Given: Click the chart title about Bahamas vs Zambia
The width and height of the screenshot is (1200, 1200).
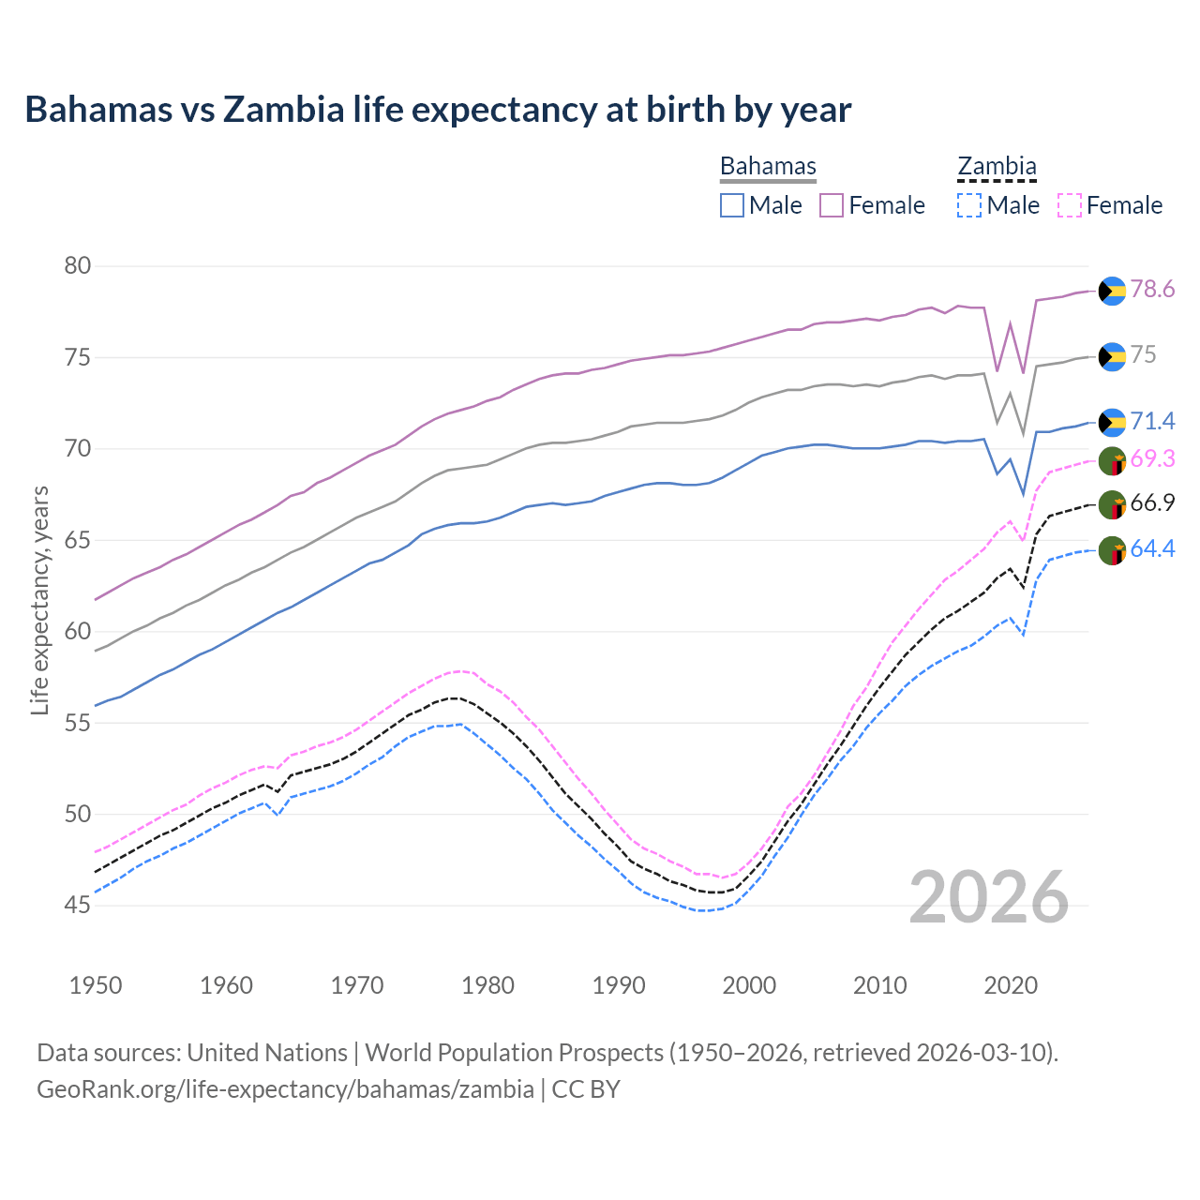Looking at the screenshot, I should click(438, 110).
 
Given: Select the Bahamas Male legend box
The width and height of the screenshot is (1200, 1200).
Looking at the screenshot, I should click(732, 205).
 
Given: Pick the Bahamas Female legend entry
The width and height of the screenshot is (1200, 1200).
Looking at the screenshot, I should click(872, 205).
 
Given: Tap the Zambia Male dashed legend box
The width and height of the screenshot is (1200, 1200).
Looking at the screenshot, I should click(969, 205).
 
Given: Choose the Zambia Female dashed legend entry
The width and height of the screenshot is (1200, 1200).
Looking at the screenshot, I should click(1110, 205).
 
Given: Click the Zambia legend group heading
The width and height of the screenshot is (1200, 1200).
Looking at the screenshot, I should click(997, 167).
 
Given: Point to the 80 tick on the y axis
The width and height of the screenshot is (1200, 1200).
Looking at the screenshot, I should click(78, 266).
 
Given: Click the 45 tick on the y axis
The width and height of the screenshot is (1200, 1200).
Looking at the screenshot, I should click(78, 905).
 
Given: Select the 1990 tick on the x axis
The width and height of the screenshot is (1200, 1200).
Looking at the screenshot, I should click(619, 985).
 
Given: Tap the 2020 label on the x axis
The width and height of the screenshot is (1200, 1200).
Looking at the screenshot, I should click(1011, 985).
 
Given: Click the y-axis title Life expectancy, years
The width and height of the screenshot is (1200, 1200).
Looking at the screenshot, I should click(39, 600).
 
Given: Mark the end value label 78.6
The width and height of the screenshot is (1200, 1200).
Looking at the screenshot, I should click(1152, 290).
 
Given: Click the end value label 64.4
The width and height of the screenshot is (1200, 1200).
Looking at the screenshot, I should click(1152, 548).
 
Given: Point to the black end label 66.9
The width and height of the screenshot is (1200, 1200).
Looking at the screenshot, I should click(1152, 503).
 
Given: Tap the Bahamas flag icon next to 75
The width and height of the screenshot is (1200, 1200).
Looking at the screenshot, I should click(1112, 356).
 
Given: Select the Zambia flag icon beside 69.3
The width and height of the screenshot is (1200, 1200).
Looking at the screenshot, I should click(1112, 460).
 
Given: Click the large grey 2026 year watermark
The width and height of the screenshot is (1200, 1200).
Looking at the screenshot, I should click(989, 897).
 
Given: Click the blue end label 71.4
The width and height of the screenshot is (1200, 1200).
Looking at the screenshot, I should click(1152, 422).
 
